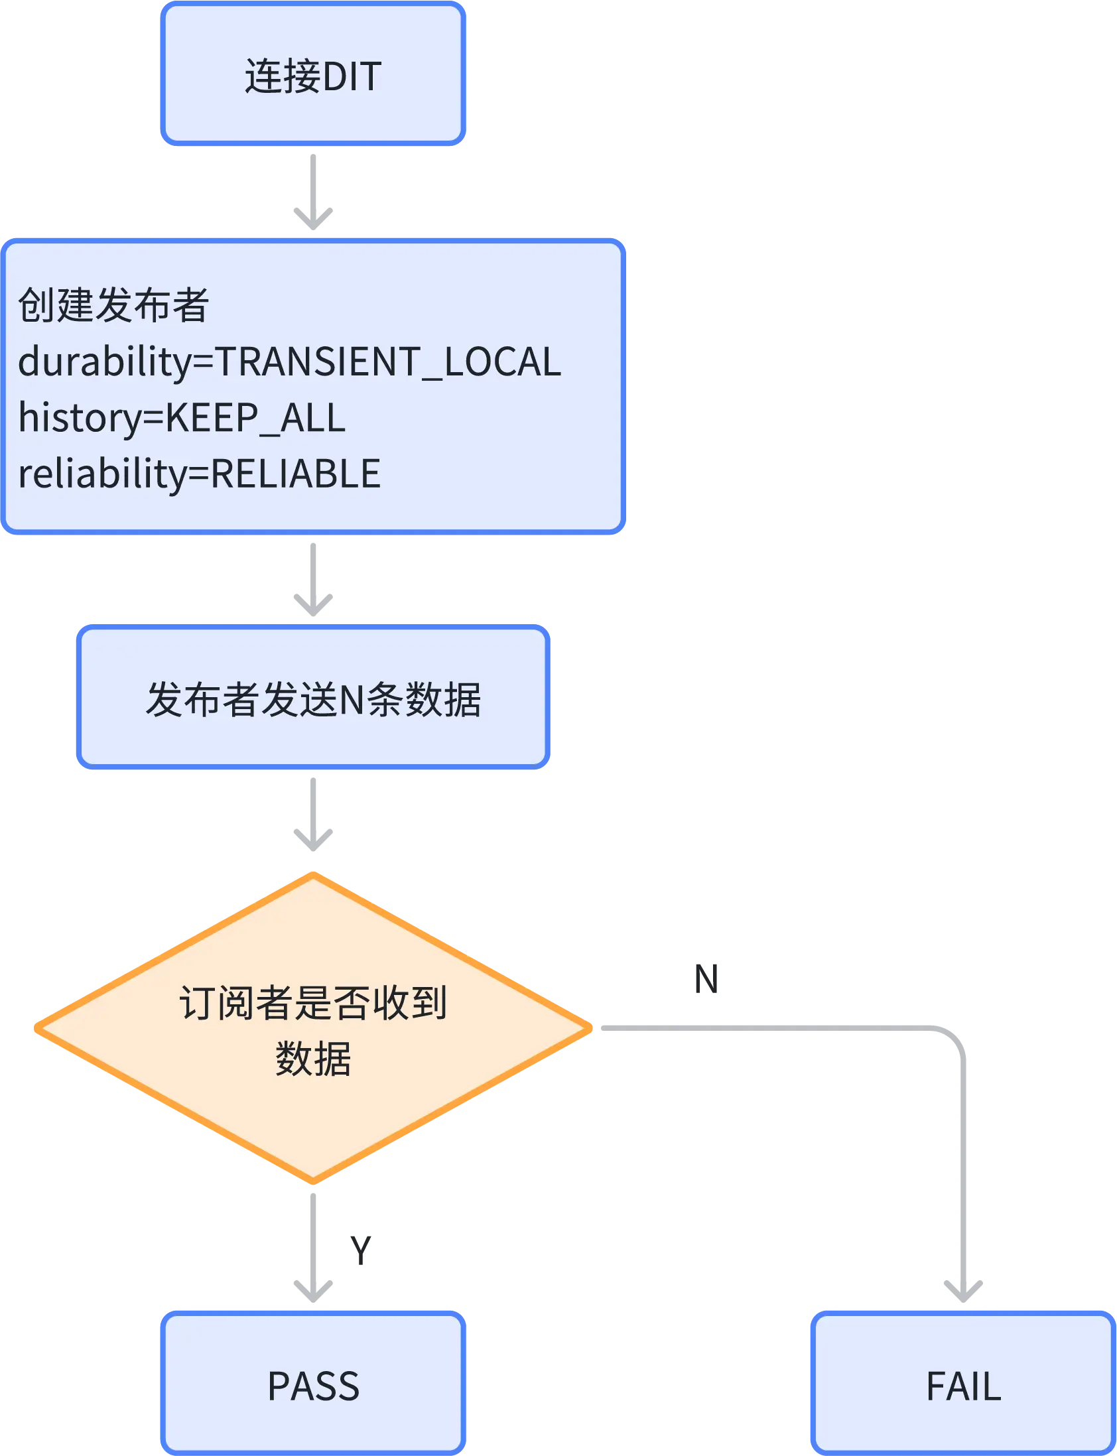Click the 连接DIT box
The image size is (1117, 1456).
(312, 74)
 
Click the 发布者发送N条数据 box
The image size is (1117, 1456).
(312, 698)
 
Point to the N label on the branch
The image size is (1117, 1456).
(708, 978)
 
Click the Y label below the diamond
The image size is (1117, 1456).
(360, 1249)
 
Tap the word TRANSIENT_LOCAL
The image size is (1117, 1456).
(388, 362)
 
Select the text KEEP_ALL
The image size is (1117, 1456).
(255, 418)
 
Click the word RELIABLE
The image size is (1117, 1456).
(295, 474)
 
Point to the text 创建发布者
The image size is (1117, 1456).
(113, 305)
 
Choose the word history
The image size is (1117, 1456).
(80, 418)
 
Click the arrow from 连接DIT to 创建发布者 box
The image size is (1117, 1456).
(312, 193)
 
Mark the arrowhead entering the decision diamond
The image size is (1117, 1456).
(312, 839)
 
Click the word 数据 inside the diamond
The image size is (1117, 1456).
(312, 1059)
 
